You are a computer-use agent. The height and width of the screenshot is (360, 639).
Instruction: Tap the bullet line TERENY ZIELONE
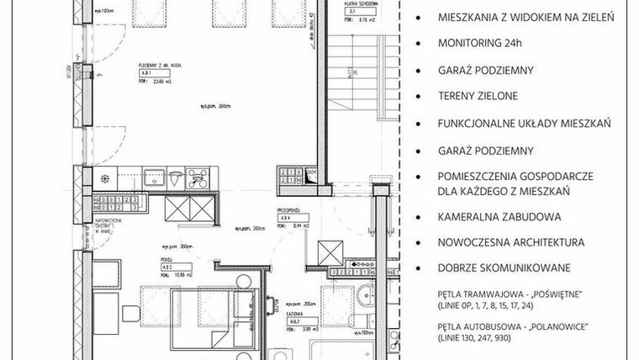click(476, 96)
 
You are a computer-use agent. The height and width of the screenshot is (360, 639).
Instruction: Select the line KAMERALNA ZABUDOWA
click(499, 217)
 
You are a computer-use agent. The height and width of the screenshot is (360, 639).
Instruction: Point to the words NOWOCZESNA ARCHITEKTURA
click(510, 242)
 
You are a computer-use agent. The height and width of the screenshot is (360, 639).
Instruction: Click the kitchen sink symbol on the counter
click(156, 177)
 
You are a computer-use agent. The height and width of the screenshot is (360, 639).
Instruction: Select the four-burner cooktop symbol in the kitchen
click(199, 177)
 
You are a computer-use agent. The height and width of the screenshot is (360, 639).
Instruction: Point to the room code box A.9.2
click(167, 266)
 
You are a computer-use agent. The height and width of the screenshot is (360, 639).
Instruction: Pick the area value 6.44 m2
click(300, 226)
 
